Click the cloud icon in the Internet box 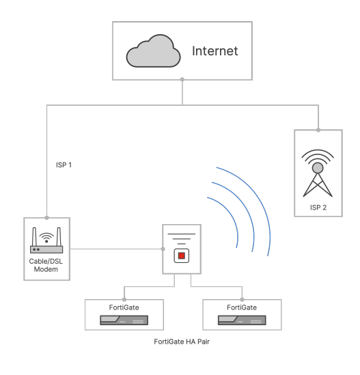[153, 51]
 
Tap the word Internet [214, 51]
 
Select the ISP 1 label [64, 165]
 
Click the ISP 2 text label [318, 208]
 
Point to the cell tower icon [318, 173]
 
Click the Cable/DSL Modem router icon [46, 240]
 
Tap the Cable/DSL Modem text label [46, 265]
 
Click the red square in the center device [182, 255]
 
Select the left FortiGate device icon [124, 320]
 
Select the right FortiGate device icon [242, 320]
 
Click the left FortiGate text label [124, 307]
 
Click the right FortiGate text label [242, 307]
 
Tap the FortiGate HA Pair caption [182, 342]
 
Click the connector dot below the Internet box [182, 79]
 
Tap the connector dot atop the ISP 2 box [318, 130]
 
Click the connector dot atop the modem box [47, 218]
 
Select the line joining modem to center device [116, 249]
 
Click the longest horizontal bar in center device [182, 234]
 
